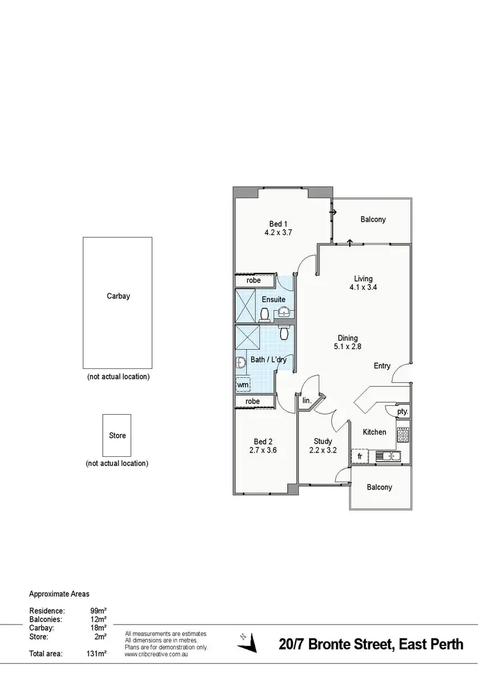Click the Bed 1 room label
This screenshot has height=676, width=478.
(x=278, y=224)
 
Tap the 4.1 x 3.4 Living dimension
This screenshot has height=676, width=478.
(x=363, y=287)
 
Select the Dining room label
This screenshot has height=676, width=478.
(x=348, y=338)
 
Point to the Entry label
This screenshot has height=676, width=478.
(x=382, y=366)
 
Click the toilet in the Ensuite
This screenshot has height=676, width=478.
(x=264, y=313)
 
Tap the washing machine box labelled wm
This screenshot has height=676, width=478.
(x=243, y=385)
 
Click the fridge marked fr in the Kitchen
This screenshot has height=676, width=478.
(x=359, y=456)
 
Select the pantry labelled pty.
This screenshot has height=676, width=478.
(x=402, y=412)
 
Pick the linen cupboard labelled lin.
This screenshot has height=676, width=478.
(x=306, y=401)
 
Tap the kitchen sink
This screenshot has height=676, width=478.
(x=387, y=456)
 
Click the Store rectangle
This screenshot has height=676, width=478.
(x=117, y=436)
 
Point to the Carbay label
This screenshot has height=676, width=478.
(x=119, y=296)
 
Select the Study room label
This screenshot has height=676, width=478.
(x=323, y=441)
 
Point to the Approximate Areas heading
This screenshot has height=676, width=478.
(x=59, y=594)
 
